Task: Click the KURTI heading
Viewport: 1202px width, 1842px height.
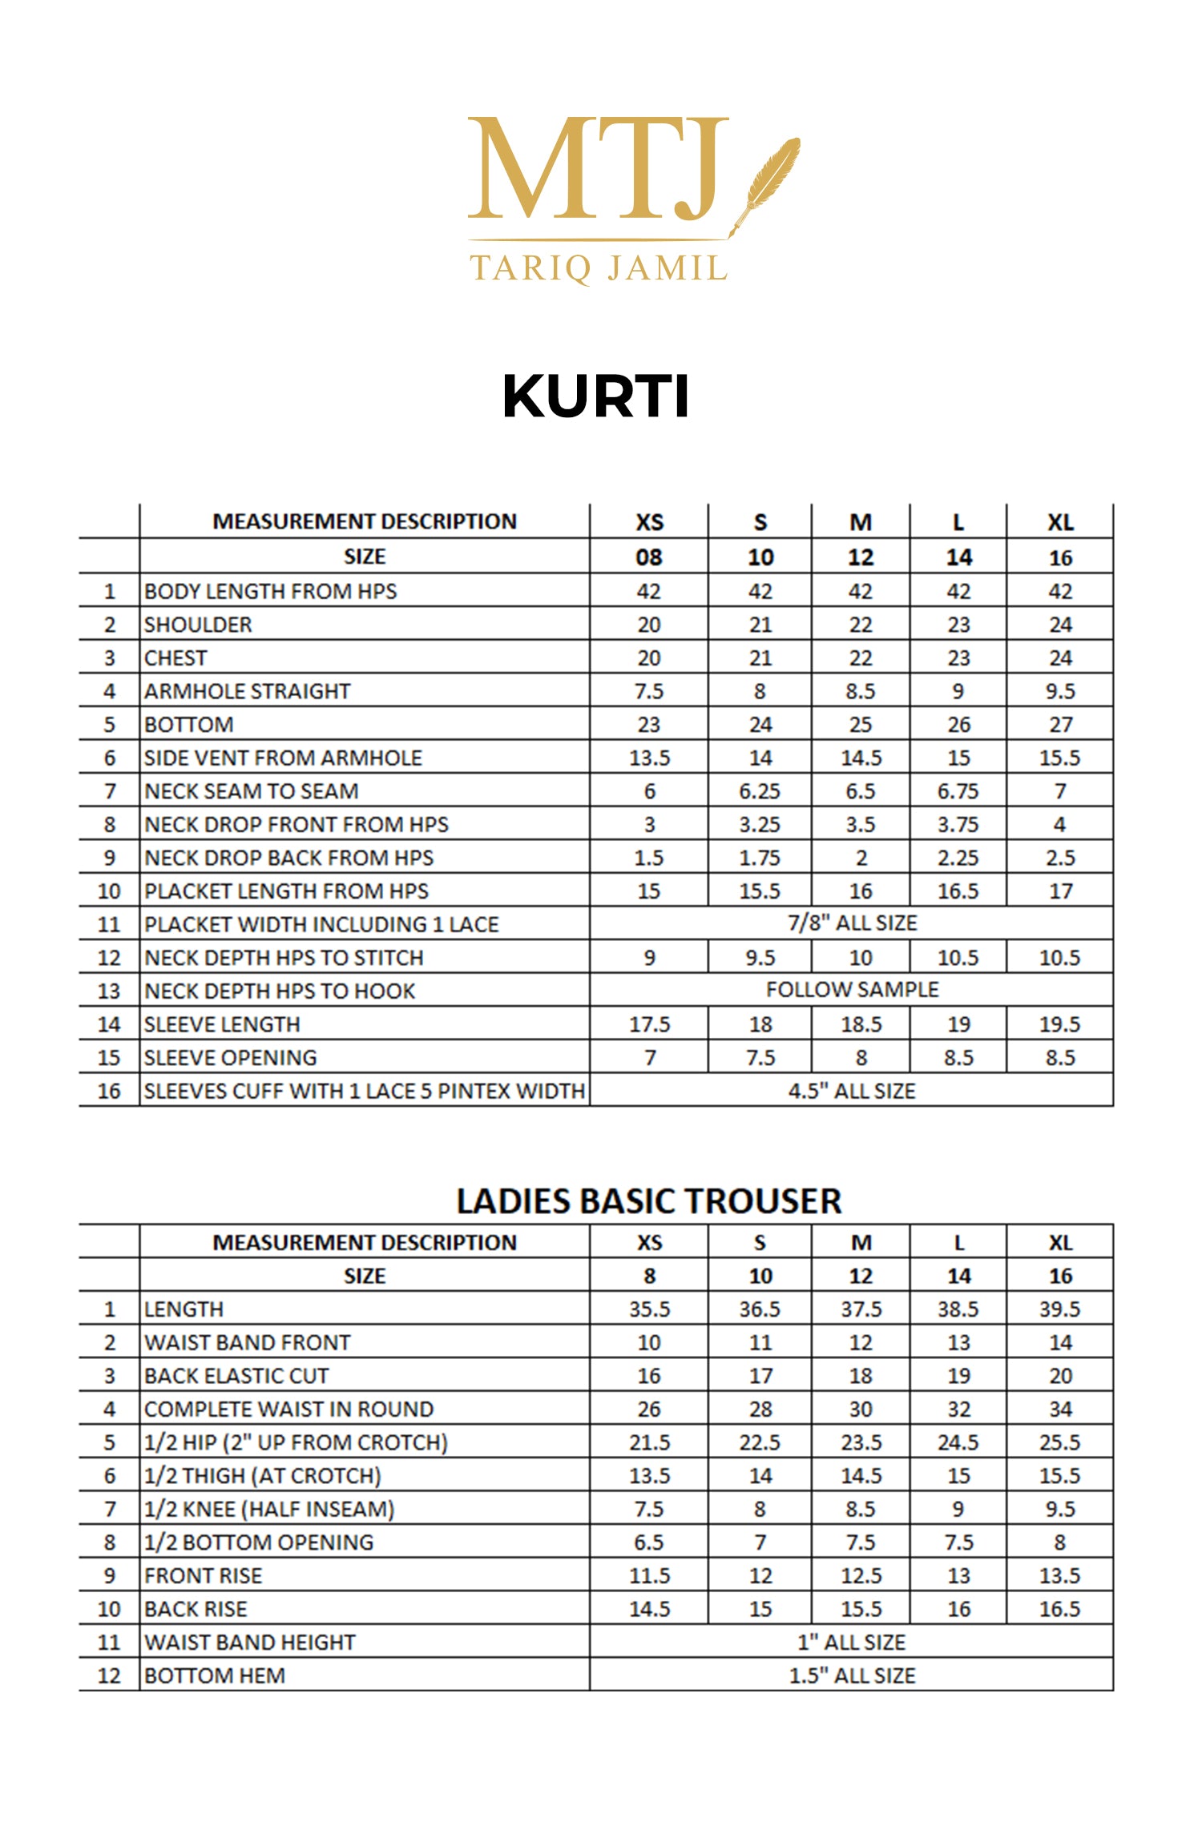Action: (595, 396)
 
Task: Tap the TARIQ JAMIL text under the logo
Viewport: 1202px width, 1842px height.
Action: (599, 267)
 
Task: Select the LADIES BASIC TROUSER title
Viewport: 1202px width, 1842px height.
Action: (648, 1201)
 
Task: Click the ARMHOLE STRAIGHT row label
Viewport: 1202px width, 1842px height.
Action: (248, 691)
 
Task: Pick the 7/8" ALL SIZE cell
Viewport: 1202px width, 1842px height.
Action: (852, 923)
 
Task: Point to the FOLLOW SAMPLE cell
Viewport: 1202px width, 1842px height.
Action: (852, 990)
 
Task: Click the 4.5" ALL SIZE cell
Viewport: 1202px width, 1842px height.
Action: (852, 1091)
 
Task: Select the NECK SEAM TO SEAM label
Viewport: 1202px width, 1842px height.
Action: (252, 791)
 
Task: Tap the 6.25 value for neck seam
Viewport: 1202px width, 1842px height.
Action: (760, 791)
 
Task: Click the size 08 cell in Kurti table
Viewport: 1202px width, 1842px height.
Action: (649, 557)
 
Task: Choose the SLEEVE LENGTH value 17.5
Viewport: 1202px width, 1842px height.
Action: (649, 1024)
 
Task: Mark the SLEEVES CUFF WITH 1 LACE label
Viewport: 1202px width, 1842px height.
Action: (365, 1091)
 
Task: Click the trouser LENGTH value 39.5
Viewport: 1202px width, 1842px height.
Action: (1059, 1309)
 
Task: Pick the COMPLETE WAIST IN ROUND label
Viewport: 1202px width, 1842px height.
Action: (289, 1410)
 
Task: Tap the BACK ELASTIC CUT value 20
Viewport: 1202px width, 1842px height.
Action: (1060, 1376)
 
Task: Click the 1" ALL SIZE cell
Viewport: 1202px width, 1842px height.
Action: (852, 1643)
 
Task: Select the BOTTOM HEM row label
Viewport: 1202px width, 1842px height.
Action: (215, 1676)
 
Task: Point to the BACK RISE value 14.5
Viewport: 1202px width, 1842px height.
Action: (649, 1609)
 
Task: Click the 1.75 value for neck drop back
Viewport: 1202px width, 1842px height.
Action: (760, 858)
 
